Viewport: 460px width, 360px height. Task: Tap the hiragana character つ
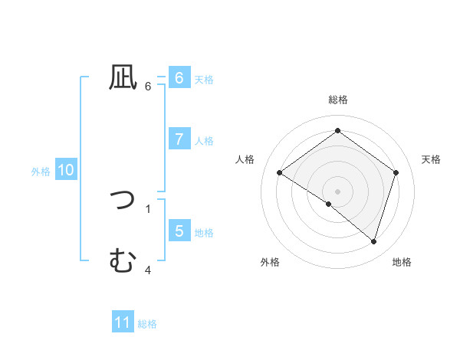pos(123,200)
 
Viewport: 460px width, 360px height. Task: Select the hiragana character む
pos(123,261)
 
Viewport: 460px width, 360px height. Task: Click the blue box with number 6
pos(179,77)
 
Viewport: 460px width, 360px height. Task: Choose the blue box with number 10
pos(66,170)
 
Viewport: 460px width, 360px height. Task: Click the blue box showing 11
pos(123,322)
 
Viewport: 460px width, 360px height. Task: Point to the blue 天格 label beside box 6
pos(204,80)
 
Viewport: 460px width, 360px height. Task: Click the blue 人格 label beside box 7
pos(204,141)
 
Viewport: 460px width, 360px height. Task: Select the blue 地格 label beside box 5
pos(204,233)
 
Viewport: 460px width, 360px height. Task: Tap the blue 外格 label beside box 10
pos(41,172)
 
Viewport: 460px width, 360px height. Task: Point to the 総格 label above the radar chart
pos(338,100)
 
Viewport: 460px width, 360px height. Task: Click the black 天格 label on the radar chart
pos(432,159)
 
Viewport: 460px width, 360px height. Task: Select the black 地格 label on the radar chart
pos(402,262)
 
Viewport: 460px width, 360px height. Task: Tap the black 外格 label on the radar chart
pos(270,262)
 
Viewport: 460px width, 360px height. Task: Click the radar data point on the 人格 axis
pos(280,173)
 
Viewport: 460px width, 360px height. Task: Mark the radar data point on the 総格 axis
pos(337,131)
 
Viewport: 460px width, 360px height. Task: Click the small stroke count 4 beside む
pos(148,270)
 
